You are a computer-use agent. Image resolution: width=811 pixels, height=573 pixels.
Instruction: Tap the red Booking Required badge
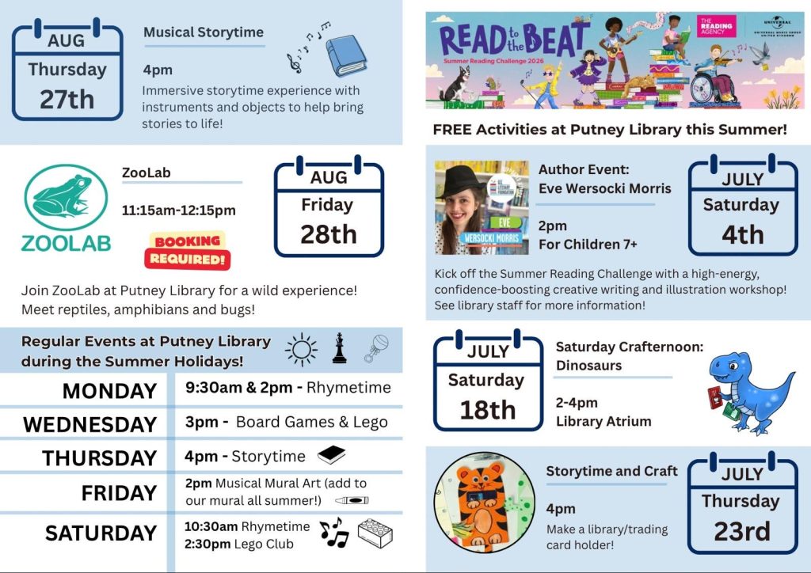pyautogui.click(x=188, y=250)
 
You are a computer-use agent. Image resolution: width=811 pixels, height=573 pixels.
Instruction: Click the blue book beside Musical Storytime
pyautogui.click(x=346, y=55)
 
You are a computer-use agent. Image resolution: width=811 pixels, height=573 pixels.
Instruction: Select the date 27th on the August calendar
pyautogui.click(x=67, y=99)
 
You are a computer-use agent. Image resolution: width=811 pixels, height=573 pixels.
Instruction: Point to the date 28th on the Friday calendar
pyautogui.click(x=329, y=234)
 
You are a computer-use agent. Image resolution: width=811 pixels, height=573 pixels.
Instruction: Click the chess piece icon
pyautogui.click(x=339, y=347)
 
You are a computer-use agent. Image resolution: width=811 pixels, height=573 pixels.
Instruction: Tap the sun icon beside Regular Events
pyautogui.click(x=301, y=350)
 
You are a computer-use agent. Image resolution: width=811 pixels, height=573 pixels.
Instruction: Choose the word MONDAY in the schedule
pyautogui.click(x=109, y=391)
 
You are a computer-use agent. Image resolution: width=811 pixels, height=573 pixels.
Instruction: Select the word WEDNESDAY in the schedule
pyautogui.click(x=90, y=424)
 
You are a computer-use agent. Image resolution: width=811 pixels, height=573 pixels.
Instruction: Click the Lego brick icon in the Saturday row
pyautogui.click(x=375, y=533)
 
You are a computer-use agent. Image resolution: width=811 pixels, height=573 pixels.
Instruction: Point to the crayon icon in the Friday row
pyautogui.click(x=352, y=500)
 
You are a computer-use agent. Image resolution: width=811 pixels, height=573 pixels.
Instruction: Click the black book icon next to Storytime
pyautogui.click(x=332, y=454)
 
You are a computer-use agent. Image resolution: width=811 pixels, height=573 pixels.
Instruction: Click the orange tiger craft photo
pyautogui.click(x=485, y=503)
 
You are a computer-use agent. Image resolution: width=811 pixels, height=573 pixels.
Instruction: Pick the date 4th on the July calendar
pyautogui.click(x=743, y=234)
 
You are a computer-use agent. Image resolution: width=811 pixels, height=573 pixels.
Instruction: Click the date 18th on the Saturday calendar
pyautogui.click(x=488, y=410)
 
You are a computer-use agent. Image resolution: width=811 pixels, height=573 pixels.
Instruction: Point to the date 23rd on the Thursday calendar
pyautogui.click(x=742, y=531)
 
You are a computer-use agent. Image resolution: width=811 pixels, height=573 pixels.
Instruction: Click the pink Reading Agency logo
pyautogui.click(x=716, y=26)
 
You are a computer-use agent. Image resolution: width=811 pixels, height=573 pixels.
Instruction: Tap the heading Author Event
pyautogui.click(x=584, y=169)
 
